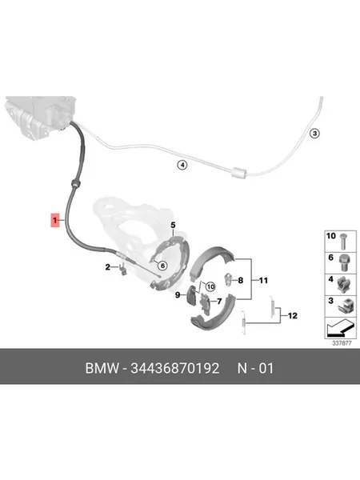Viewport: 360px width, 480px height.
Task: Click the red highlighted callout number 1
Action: [54, 220]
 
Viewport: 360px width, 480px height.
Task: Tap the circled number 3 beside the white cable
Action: [314, 134]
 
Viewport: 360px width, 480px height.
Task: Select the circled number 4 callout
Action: [182, 166]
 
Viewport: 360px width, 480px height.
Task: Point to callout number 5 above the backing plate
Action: [173, 225]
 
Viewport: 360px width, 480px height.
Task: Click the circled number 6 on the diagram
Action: [162, 266]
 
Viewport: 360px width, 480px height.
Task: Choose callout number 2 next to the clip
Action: [107, 267]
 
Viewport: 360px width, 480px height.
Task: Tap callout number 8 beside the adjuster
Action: [241, 280]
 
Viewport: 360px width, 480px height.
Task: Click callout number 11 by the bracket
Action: [263, 280]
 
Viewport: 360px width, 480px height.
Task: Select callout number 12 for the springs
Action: [292, 316]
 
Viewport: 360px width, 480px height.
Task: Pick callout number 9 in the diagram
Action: [178, 295]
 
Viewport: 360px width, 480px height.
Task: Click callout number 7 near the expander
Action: [219, 302]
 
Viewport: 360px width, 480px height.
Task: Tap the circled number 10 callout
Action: [210, 287]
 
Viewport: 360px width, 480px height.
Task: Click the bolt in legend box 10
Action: [343, 242]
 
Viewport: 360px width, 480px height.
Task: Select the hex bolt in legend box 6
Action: [345, 263]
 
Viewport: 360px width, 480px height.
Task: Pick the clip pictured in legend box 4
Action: [343, 285]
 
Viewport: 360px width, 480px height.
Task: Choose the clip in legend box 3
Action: [343, 306]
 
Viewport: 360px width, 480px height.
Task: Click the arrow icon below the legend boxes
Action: [341, 327]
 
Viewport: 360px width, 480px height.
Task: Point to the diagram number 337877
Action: [342, 343]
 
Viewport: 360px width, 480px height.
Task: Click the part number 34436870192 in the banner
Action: [174, 368]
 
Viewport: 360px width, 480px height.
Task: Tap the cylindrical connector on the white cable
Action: [238, 173]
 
